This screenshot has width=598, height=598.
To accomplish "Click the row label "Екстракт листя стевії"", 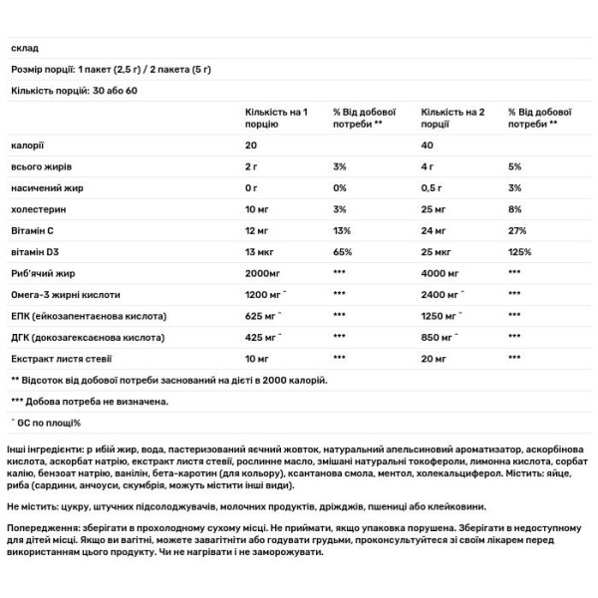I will point(59,358).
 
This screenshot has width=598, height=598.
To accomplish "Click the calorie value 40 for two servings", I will point(429,146).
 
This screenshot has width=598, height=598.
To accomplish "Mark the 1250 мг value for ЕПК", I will point(444,316).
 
